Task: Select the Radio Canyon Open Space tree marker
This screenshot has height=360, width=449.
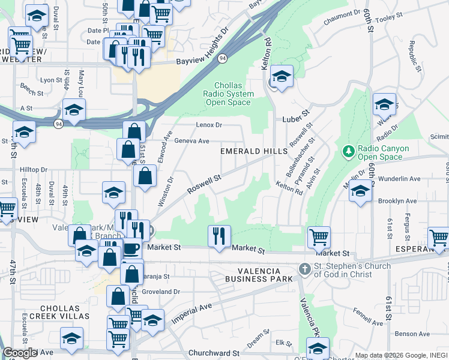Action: [x=348, y=149]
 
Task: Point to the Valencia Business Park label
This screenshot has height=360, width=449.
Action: [x=259, y=274]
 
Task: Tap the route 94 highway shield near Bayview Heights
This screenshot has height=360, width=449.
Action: [x=223, y=58]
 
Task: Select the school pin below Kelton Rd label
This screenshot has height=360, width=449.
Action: [x=281, y=76]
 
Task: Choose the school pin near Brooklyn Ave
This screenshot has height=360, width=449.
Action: [x=360, y=192]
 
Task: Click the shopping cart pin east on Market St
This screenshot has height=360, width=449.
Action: [x=319, y=236]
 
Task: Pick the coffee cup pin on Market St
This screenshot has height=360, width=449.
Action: [x=131, y=248]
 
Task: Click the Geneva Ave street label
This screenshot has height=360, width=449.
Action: [x=191, y=141]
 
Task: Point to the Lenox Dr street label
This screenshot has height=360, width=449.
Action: [x=209, y=125]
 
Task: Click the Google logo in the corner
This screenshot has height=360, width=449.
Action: [x=20, y=353]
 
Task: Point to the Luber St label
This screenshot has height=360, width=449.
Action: [x=295, y=112]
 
